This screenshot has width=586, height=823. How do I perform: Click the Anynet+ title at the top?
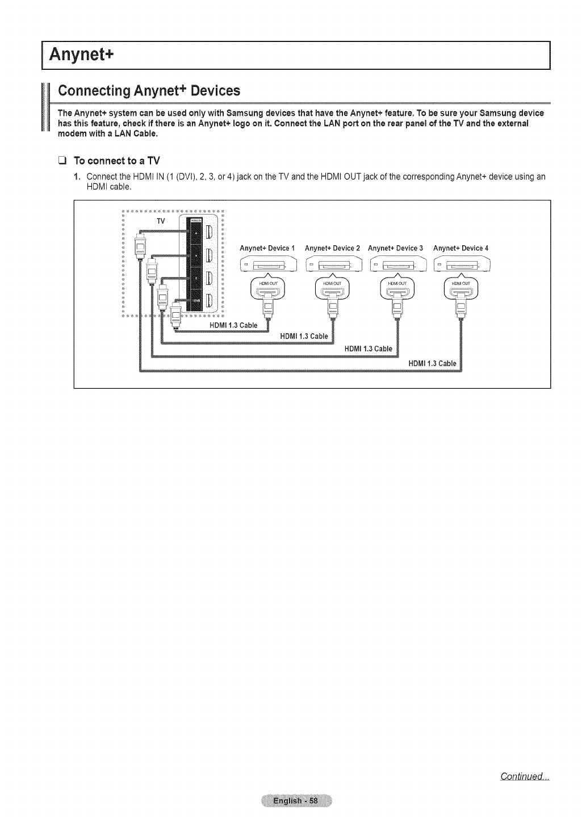coord(82,55)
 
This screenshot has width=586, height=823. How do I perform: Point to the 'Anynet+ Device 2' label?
coord(332,248)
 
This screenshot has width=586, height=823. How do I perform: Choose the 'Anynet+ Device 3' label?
coord(395,248)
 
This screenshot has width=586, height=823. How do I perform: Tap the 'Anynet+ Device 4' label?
coord(461,248)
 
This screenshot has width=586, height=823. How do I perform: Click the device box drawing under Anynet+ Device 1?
coord(269,264)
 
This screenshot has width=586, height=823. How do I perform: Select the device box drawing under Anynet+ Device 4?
coord(462,264)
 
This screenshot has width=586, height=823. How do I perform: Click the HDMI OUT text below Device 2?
coord(332,284)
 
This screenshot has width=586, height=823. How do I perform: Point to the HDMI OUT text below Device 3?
coord(397,284)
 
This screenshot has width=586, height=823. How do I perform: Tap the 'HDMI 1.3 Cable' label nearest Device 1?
coord(233,325)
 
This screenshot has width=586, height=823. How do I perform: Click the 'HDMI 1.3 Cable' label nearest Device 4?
coord(432,363)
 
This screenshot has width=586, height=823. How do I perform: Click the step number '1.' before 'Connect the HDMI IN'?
coord(78,177)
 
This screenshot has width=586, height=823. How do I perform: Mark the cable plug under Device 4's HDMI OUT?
coord(462,309)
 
